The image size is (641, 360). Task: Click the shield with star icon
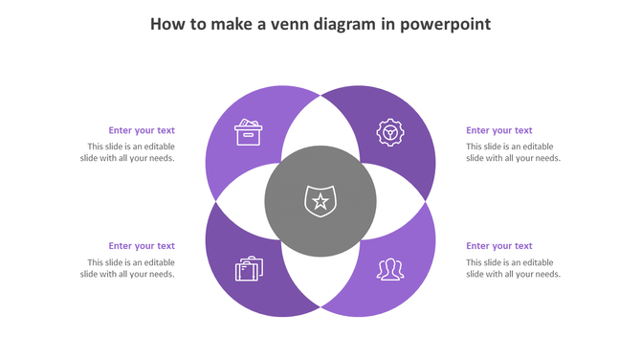(320, 201)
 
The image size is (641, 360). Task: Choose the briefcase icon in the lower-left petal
(249, 269)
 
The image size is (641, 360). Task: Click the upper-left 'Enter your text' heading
(142, 130)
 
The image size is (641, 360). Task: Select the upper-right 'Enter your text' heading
(499, 130)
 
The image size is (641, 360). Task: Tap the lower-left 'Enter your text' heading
(142, 246)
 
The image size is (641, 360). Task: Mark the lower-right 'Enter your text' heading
(499, 246)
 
